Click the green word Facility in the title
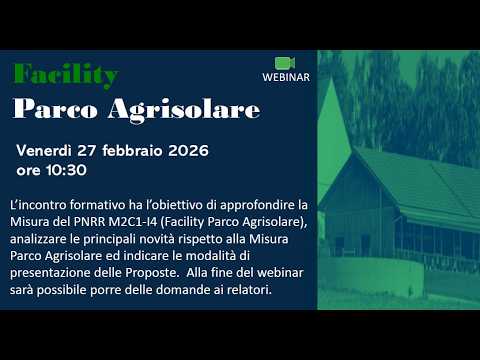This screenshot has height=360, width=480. [x=66, y=76]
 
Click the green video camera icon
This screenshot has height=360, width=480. [x=285, y=62]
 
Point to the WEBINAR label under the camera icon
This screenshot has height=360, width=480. [x=285, y=77]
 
